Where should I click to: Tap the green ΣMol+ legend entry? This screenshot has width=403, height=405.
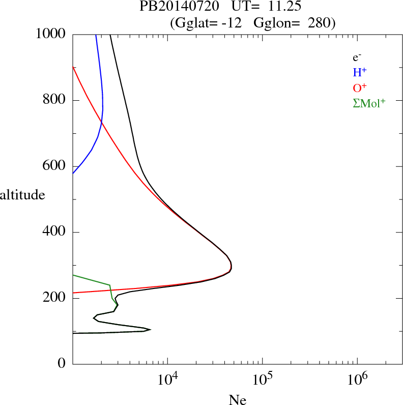pos(369,102)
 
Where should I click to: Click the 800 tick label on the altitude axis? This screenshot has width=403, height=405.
pos(55,100)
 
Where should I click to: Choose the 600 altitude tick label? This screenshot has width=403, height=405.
pos(55,166)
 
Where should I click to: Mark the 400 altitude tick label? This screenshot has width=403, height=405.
pos(55,232)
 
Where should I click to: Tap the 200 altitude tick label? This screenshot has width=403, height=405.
pos(55,298)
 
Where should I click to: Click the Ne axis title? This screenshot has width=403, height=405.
pos(237,400)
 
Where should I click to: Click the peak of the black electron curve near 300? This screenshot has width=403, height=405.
pos(232,266)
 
